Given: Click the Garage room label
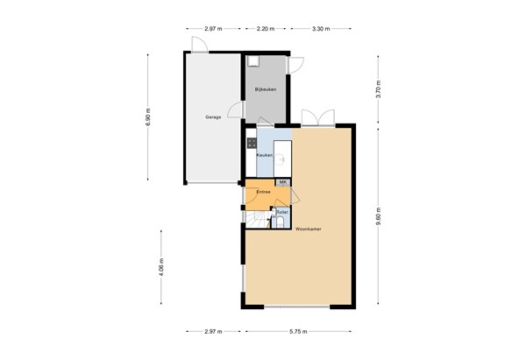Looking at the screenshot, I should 213,116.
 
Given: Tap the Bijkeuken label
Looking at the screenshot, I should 265,90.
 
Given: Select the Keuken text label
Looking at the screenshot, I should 264,156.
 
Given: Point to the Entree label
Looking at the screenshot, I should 263,191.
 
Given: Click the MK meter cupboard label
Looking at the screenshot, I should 282,181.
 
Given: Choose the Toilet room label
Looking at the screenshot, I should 281,212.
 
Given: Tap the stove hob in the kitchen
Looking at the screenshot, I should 252,142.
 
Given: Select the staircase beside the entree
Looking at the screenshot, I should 257,220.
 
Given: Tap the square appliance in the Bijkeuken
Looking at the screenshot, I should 253,61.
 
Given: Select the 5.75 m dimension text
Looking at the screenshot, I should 300,332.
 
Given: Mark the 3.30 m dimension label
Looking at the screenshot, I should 321,29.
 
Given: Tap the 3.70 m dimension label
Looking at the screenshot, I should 379,88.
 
